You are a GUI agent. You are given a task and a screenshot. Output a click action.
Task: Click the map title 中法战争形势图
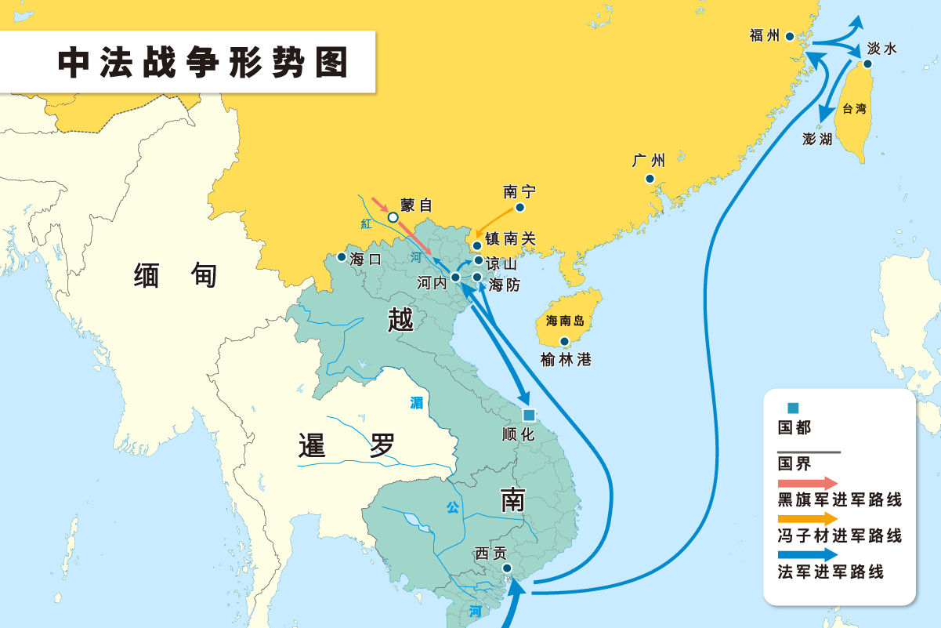click(x=203, y=63)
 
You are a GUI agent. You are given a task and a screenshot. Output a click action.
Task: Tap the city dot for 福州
click(x=790, y=36)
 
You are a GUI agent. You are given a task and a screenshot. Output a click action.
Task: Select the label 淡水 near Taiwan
click(x=881, y=49)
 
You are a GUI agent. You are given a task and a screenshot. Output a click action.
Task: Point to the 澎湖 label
click(x=817, y=139)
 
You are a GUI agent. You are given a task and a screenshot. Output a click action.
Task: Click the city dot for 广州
click(x=650, y=179)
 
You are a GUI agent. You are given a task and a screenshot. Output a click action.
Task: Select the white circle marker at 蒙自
click(x=393, y=217)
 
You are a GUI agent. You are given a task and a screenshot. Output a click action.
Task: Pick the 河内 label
click(x=432, y=282)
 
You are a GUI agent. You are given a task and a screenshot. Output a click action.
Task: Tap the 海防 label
click(x=504, y=285)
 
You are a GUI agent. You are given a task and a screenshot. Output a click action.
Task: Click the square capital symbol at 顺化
click(x=529, y=415)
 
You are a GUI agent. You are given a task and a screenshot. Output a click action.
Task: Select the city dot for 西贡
click(x=507, y=568)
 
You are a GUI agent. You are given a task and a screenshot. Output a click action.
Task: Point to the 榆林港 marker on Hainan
click(x=565, y=341)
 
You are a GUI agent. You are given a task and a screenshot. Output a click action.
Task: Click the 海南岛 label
click(x=565, y=321)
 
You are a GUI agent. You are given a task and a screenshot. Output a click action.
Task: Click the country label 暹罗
click(x=347, y=445)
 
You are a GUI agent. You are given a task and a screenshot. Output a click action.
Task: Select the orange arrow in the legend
click(x=807, y=518)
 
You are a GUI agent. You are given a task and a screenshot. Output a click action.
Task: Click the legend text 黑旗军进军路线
click(x=839, y=499)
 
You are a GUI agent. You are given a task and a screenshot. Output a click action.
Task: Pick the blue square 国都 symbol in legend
click(x=793, y=408)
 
